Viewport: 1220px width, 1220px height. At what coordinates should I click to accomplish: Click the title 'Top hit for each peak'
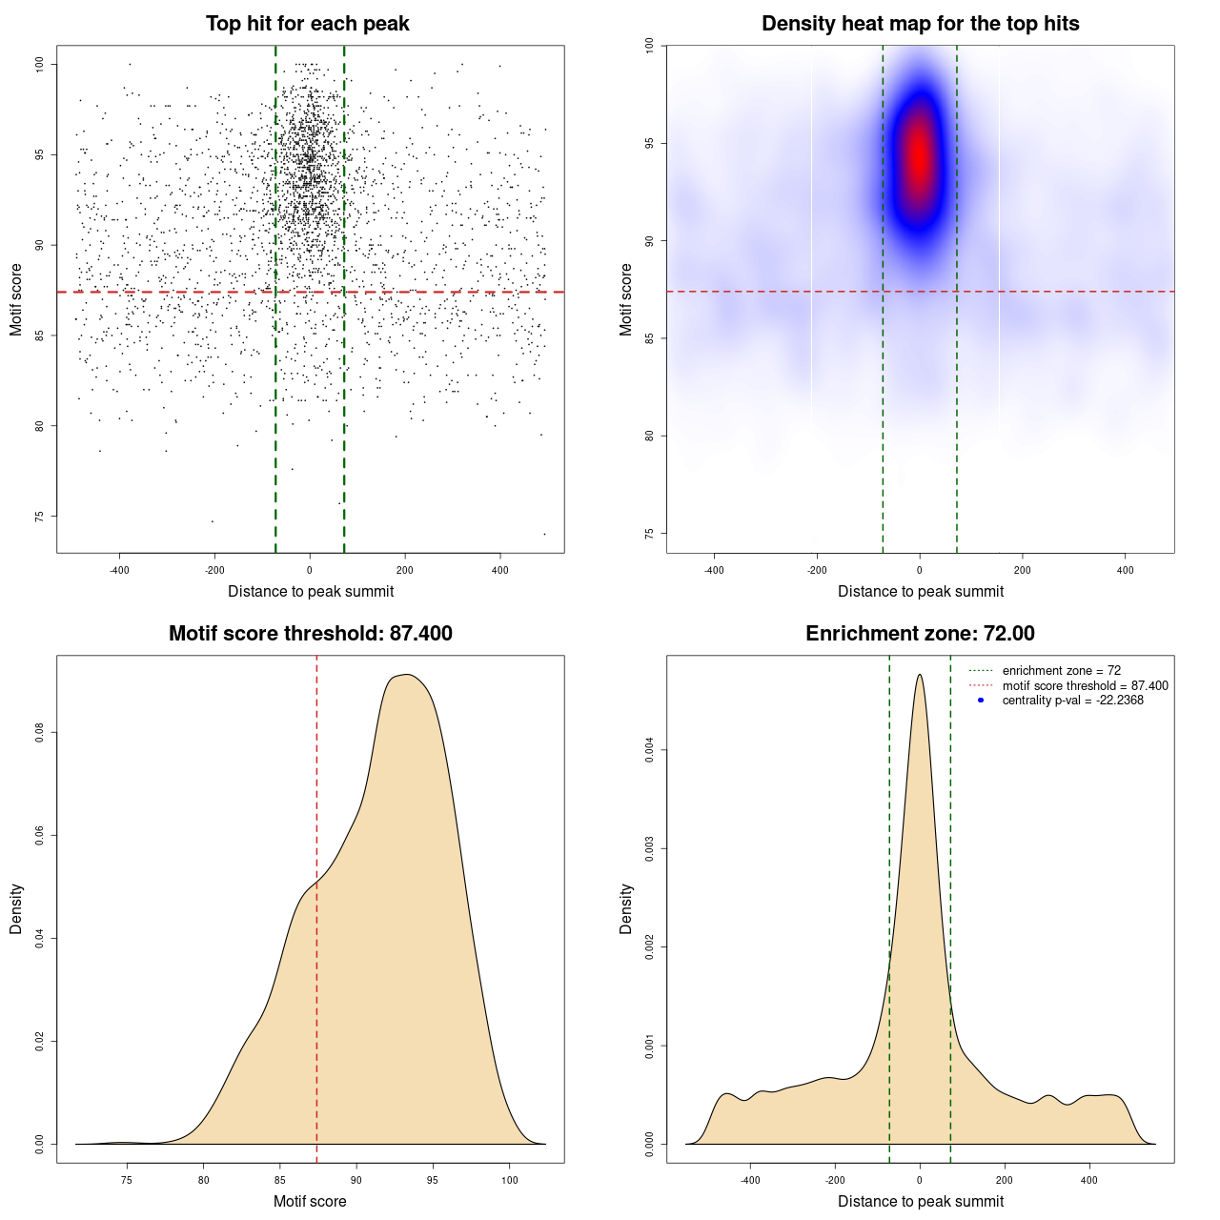pyautogui.click(x=308, y=24)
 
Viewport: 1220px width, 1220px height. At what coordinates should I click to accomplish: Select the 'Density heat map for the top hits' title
pyautogui.click(x=920, y=24)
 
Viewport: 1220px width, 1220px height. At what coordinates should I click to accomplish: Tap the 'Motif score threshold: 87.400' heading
pyautogui.click(x=310, y=634)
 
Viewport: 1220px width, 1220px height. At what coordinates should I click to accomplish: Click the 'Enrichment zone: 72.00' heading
pyautogui.click(x=920, y=634)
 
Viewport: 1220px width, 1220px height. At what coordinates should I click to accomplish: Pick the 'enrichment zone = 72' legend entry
pyautogui.click(x=1061, y=671)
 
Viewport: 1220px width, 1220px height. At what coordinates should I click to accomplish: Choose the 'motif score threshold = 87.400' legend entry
pyautogui.click(x=1085, y=685)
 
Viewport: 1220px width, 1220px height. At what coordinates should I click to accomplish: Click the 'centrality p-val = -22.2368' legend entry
pyautogui.click(x=1072, y=701)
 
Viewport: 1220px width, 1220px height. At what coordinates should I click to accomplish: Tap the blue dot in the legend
pyautogui.click(x=981, y=701)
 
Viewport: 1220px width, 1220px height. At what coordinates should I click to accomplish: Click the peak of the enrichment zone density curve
pyautogui.click(x=920, y=675)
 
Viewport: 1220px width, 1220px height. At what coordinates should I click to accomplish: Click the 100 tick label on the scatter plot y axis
pyautogui.click(x=40, y=64)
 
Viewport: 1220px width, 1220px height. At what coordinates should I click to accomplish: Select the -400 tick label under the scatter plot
pyautogui.click(x=119, y=570)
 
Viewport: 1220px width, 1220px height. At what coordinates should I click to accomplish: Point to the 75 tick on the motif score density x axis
pyautogui.click(x=127, y=1180)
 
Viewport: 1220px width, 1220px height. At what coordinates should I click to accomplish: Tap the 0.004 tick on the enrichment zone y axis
pyautogui.click(x=650, y=750)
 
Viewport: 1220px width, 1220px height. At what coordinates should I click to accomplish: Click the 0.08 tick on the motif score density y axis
pyautogui.click(x=40, y=732)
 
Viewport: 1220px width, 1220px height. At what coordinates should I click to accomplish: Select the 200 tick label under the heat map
pyautogui.click(x=1023, y=570)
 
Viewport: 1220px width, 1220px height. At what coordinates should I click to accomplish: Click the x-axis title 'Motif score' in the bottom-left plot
pyautogui.click(x=310, y=1201)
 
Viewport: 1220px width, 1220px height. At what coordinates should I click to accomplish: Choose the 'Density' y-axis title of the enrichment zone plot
pyautogui.click(x=626, y=908)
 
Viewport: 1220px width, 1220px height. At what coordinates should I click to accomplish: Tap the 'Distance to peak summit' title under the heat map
pyautogui.click(x=920, y=591)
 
